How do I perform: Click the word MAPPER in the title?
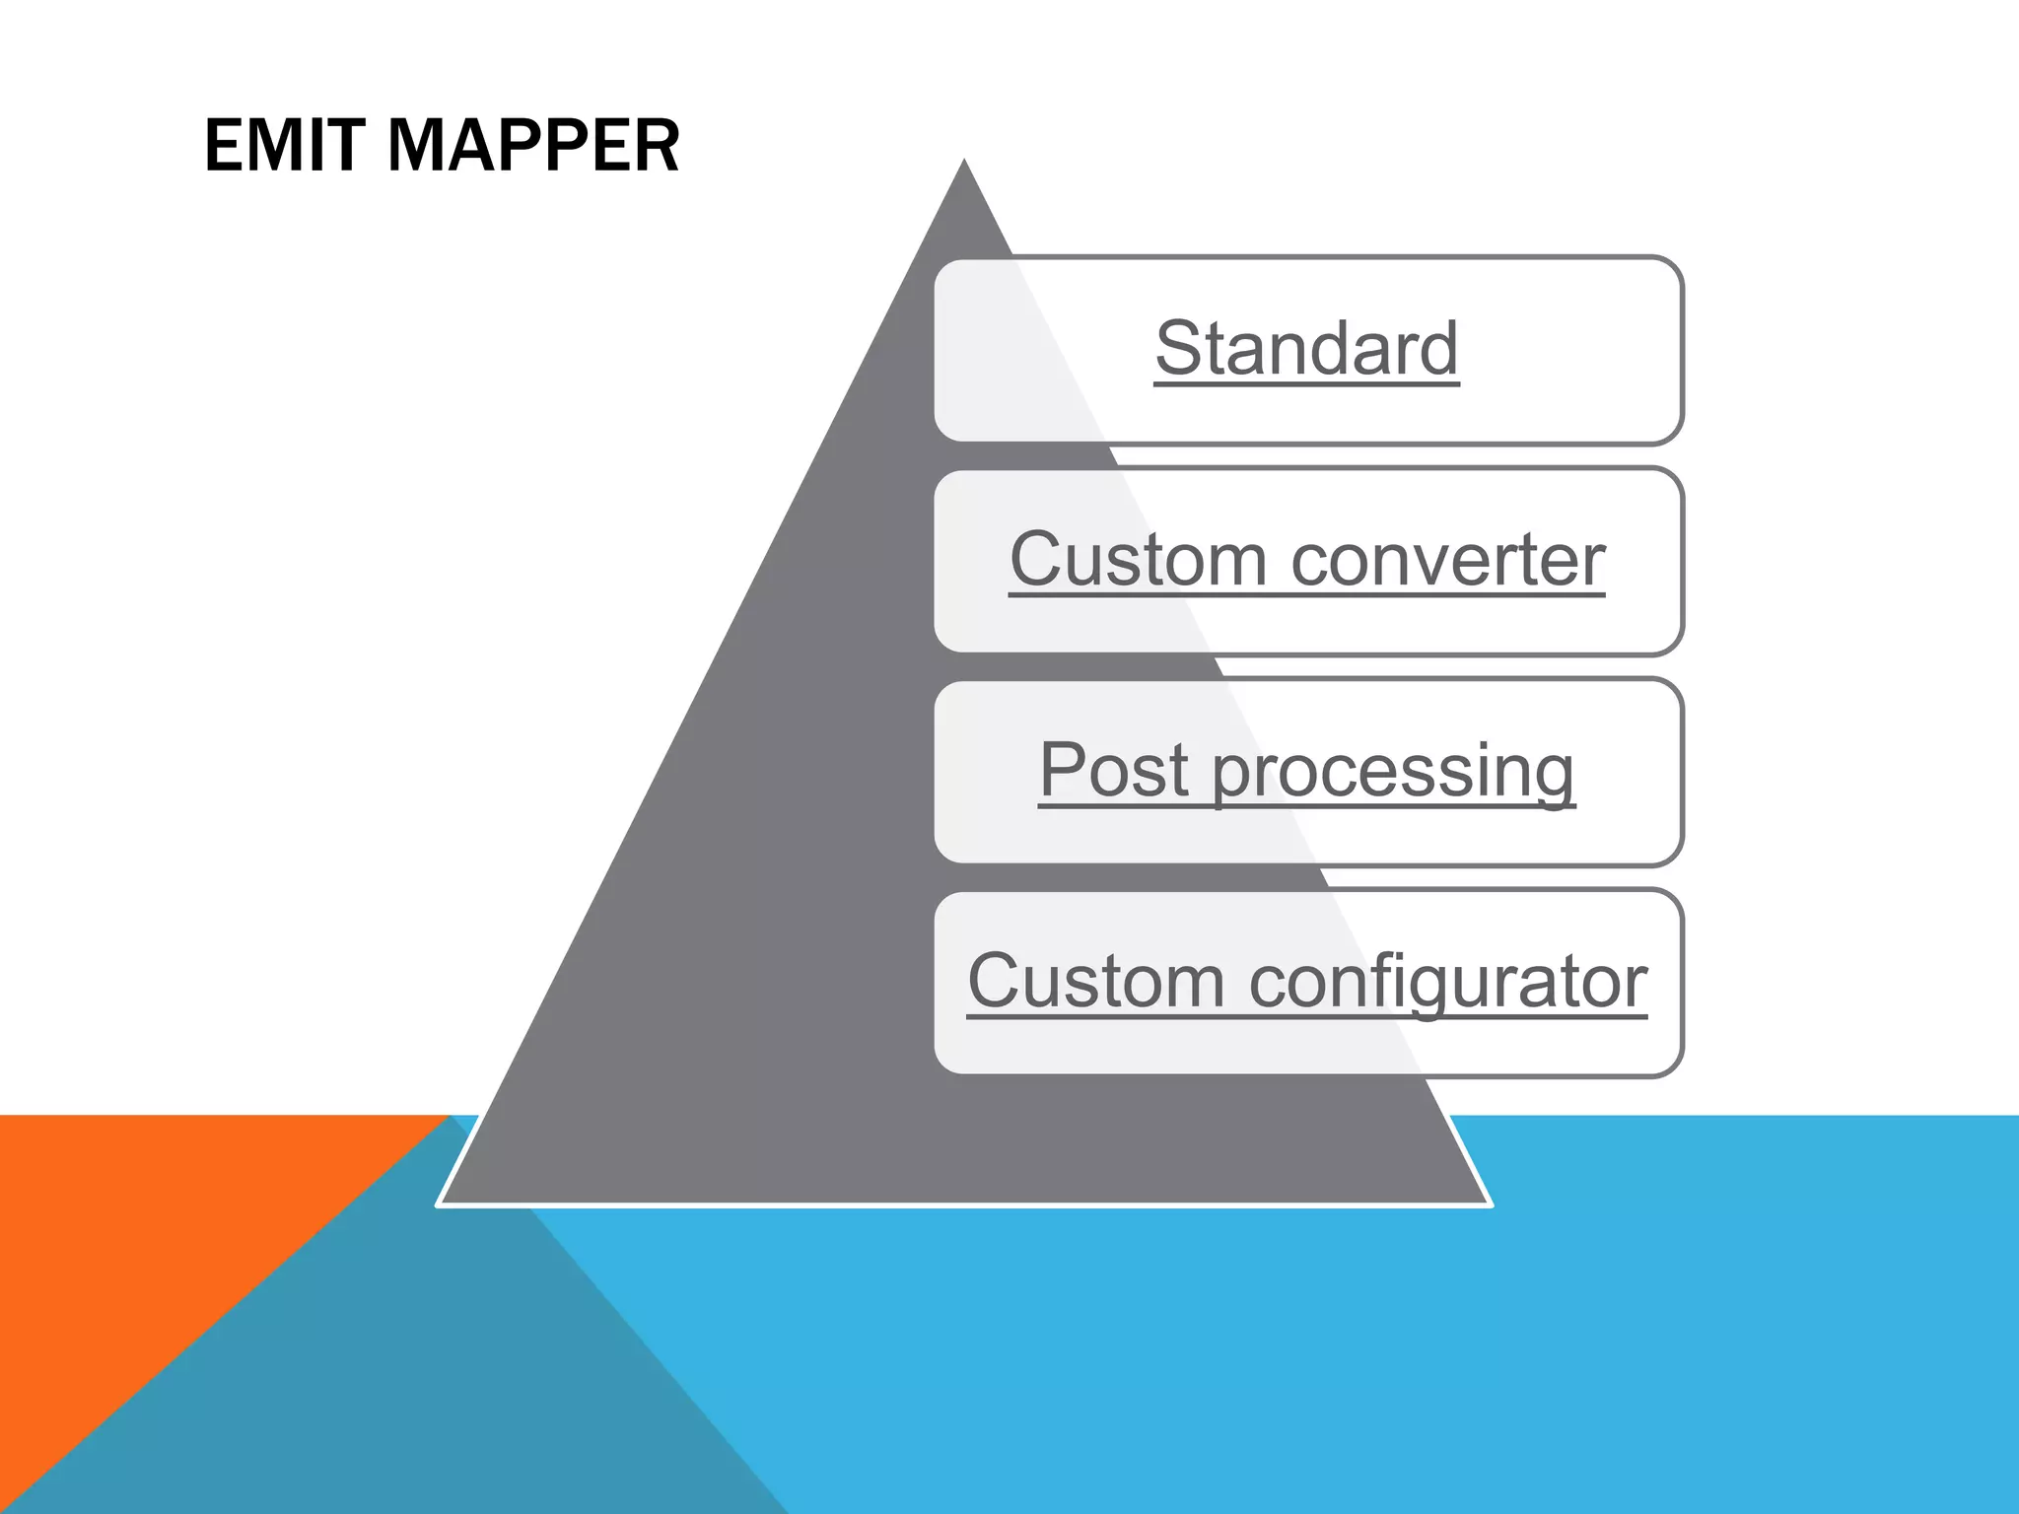tap(533, 146)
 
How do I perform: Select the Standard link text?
tap(1306, 349)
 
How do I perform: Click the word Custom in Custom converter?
tap(1138, 560)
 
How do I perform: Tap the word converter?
tap(1448, 560)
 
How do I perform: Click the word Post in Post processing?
tap(1113, 770)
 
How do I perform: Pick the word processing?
tap(1393, 772)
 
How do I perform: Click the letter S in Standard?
tap(1179, 349)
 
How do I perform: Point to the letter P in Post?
tap(1063, 770)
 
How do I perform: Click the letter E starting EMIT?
tap(224, 146)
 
